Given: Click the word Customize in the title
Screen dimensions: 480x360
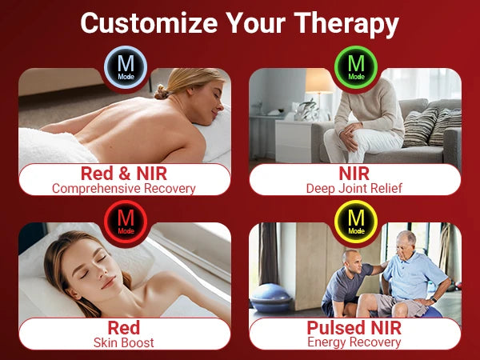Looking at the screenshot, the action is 149,23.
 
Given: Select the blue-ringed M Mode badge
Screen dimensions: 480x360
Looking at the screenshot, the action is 126,67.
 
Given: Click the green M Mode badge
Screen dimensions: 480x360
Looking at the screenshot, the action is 356,67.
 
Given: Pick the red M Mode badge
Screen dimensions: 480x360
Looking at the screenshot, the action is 126,222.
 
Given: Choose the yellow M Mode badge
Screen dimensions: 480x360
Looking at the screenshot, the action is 356,222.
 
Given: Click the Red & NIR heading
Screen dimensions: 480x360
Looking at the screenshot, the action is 124,174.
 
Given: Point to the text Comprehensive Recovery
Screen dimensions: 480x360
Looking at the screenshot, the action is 124,188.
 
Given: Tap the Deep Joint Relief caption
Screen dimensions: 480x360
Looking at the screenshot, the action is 354,188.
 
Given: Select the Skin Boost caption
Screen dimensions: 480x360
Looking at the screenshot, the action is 124,342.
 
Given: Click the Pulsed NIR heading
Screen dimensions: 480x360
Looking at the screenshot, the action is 354,328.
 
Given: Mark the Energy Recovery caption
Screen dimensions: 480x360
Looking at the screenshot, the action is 354,342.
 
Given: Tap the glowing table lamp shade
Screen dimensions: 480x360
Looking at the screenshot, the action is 319,81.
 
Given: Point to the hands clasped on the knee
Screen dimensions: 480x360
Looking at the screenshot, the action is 350,134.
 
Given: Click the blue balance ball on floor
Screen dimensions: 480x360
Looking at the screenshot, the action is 270,298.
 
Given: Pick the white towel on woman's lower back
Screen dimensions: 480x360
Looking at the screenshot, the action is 55,146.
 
